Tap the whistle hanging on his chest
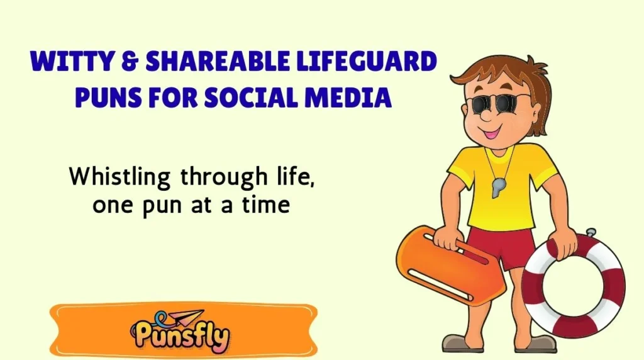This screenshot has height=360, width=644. [x=498, y=187]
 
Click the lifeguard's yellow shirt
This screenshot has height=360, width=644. [x=503, y=189]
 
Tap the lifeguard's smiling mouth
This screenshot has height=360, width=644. [x=491, y=133]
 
